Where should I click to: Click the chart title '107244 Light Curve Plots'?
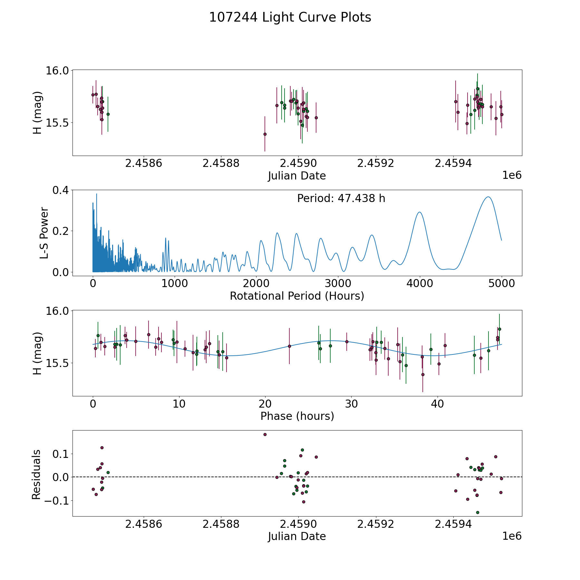(x=290, y=17)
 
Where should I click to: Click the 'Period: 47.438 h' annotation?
(x=341, y=198)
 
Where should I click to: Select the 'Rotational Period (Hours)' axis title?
(x=297, y=296)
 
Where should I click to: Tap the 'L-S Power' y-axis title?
(x=44, y=233)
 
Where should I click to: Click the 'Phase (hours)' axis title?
(x=297, y=416)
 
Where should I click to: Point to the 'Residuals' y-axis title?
(x=36, y=475)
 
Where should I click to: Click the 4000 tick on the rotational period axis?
(x=420, y=283)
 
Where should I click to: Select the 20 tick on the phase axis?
(x=265, y=404)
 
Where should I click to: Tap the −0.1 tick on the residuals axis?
(x=56, y=501)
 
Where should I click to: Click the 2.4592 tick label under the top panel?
(x=376, y=163)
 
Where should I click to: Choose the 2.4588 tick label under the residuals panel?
(x=221, y=524)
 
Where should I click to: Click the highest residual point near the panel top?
(x=265, y=434)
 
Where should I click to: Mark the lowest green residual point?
(x=478, y=512)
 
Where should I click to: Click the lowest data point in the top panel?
(x=265, y=134)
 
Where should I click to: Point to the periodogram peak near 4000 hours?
(x=419, y=212)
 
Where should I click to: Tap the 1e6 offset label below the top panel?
(x=512, y=175)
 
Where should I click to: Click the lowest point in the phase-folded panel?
(x=423, y=374)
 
